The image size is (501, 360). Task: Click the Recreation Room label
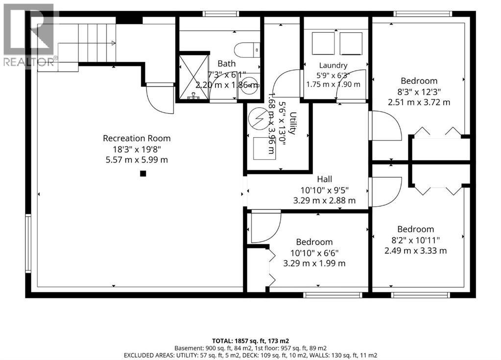tap(137, 138)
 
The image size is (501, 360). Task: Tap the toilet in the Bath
tap(247, 50)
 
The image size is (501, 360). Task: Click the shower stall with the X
tap(193, 77)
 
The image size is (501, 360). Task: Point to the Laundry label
tap(333, 66)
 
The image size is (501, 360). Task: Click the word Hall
tap(324, 179)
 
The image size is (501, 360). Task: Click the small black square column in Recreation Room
tap(143, 173)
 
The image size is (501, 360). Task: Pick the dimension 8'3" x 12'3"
tap(419, 92)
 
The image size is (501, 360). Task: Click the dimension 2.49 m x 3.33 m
tap(415, 250)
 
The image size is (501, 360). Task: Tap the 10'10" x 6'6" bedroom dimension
tap(314, 253)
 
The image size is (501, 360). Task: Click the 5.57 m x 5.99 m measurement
tap(137, 160)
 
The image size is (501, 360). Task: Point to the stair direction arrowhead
tap(114, 43)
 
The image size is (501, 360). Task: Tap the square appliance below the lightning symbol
tap(264, 148)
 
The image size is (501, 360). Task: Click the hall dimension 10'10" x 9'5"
tap(324, 191)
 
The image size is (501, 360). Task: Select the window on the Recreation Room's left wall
tap(28, 243)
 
